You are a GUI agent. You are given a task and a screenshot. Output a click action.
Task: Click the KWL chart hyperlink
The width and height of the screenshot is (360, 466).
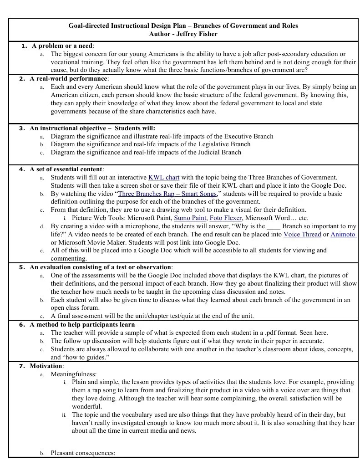click(x=164, y=177)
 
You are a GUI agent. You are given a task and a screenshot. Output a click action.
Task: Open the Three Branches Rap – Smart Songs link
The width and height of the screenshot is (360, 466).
click(x=167, y=194)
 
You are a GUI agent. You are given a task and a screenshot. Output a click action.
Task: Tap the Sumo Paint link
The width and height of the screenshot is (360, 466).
click(x=190, y=218)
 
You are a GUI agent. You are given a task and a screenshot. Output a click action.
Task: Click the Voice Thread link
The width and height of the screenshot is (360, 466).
click(x=302, y=234)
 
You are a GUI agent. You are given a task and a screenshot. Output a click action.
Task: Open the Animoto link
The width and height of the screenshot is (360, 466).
click(x=343, y=234)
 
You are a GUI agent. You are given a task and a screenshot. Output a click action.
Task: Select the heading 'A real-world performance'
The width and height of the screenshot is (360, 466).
click(x=69, y=79)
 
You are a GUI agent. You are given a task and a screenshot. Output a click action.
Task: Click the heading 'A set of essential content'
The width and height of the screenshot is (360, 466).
click(x=66, y=169)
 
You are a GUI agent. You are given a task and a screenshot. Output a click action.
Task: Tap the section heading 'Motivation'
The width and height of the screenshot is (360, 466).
click(x=46, y=366)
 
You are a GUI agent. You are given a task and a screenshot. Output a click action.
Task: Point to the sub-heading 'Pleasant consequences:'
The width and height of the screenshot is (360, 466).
click(x=83, y=453)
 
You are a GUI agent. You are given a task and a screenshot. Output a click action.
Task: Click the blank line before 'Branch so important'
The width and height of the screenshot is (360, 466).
click(x=273, y=226)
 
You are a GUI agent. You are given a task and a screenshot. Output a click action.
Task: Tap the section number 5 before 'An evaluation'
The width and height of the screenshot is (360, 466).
click(x=21, y=267)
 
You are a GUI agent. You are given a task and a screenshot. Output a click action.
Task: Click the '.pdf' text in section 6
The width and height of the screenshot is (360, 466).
click(x=272, y=333)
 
